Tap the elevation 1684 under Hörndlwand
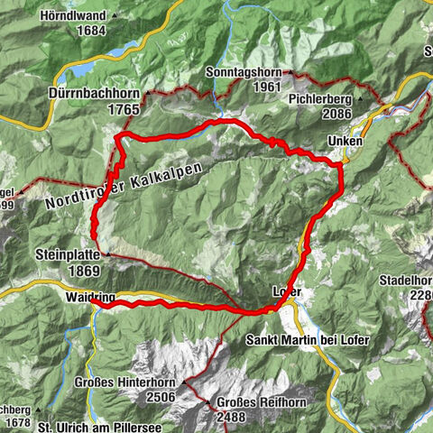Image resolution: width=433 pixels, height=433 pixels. pyautogui.click(x=92, y=30)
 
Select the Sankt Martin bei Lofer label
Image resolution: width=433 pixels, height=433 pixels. pyautogui.click(x=307, y=340)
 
